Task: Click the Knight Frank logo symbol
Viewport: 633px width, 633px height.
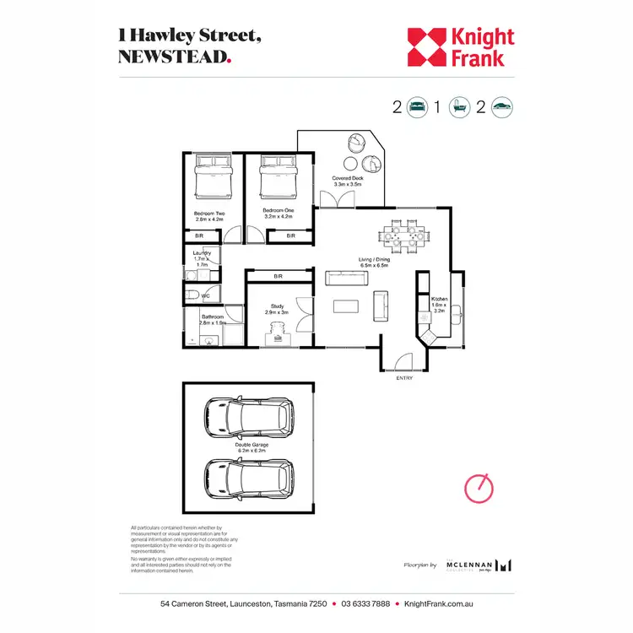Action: click(427, 47)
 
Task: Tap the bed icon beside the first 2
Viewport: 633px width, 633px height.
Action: click(417, 107)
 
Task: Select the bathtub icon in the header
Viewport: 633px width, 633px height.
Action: click(459, 107)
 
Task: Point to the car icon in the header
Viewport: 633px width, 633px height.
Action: click(502, 107)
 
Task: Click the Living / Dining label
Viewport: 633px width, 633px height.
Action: click(374, 262)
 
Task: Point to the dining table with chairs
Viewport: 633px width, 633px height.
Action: click(402, 235)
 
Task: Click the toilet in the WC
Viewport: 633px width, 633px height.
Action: click(194, 295)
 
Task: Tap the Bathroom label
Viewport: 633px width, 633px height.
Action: click(213, 320)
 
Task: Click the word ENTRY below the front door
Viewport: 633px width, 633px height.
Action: click(404, 377)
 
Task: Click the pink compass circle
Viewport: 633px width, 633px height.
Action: click(478, 488)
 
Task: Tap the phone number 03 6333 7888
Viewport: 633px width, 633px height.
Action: click(365, 604)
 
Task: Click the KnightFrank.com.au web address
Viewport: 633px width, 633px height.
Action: click(438, 604)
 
